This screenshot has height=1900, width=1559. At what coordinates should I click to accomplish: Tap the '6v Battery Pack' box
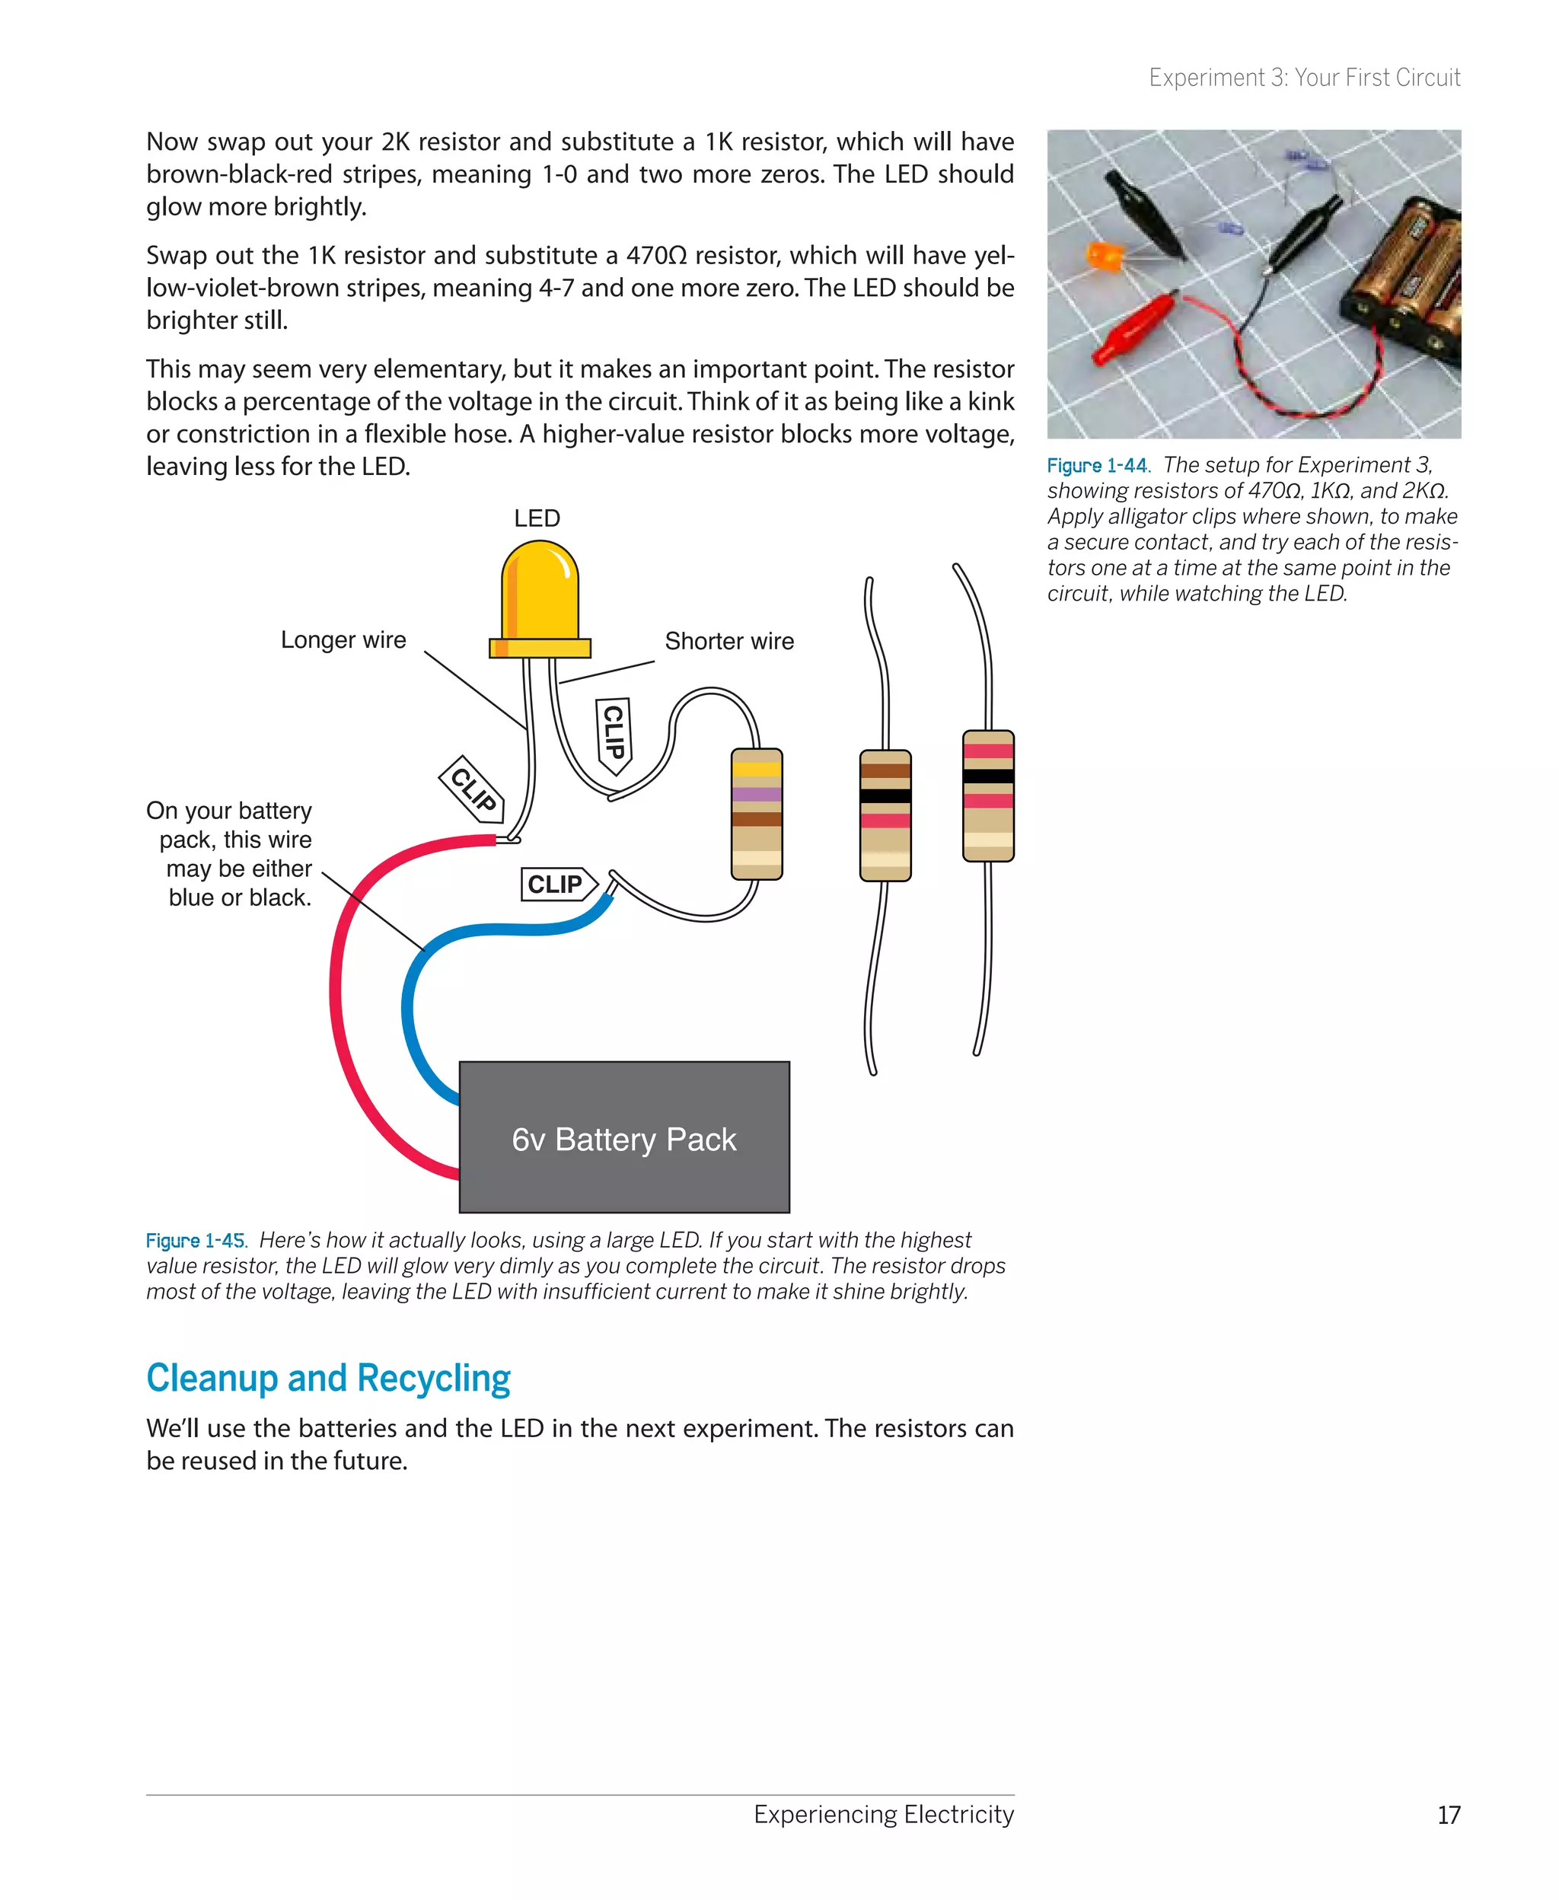(624, 1138)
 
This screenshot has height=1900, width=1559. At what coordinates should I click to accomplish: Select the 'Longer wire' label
(343, 639)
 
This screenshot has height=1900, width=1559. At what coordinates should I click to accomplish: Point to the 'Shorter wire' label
(729, 641)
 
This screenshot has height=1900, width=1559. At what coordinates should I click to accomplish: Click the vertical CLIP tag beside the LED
(614, 734)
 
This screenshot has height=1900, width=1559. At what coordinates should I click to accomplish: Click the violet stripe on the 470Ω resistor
(757, 794)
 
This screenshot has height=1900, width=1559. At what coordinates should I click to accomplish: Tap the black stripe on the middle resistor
(885, 795)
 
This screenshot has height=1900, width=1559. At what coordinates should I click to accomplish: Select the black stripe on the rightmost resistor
(988, 776)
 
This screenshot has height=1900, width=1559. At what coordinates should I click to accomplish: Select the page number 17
(1448, 1815)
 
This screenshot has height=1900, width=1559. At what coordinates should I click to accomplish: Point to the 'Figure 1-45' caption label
(196, 1240)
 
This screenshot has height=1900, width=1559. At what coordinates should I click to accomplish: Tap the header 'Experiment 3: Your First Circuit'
(1304, 78)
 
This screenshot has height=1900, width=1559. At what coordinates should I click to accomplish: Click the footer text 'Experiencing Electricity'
(883, 1814)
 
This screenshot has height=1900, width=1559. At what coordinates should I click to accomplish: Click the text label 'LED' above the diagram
(537, 518)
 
